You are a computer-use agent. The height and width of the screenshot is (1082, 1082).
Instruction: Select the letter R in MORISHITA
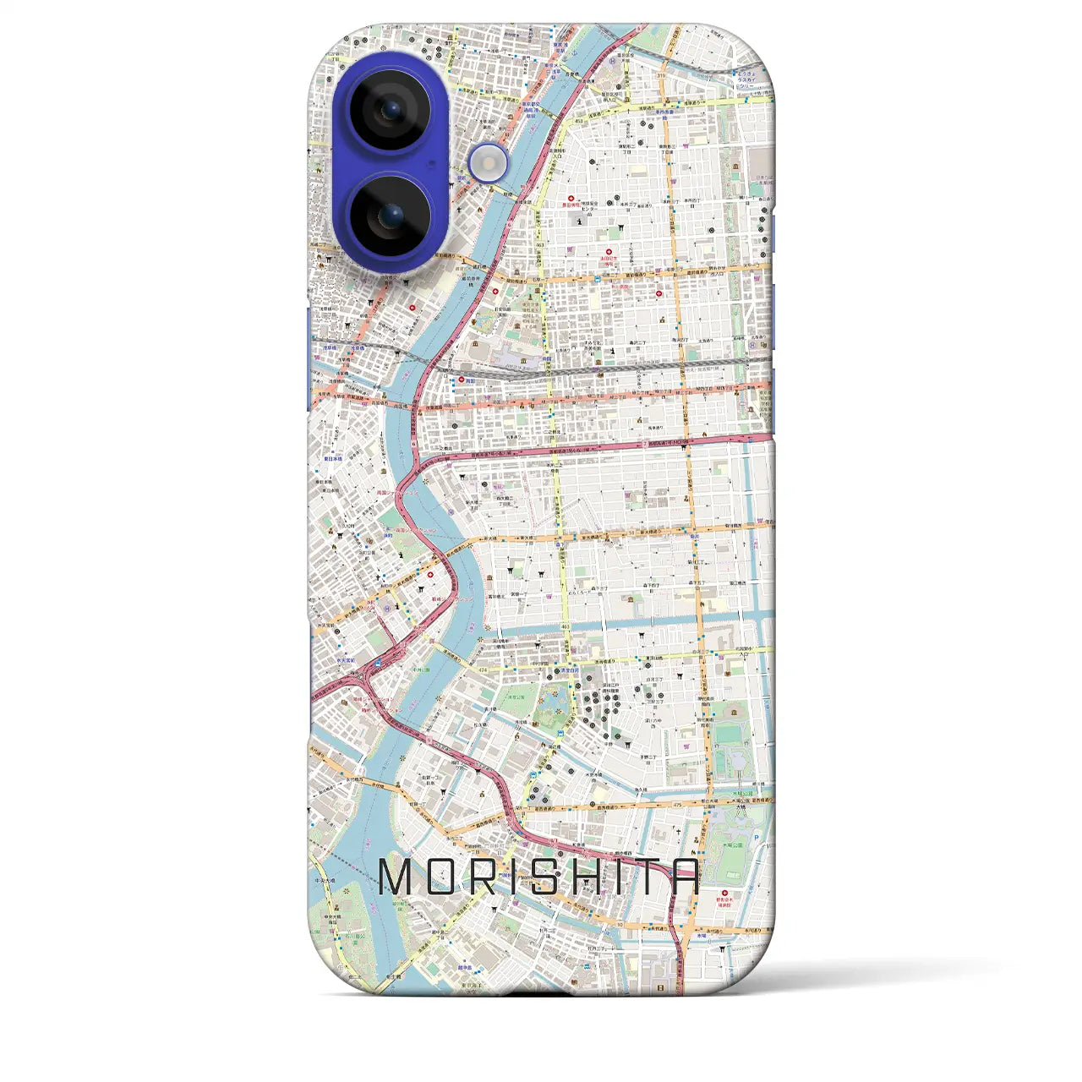(492, 877)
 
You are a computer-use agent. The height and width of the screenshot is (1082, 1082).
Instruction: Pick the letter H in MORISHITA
(594, 877)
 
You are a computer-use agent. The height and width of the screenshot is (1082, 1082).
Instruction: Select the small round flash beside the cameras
(489, 162)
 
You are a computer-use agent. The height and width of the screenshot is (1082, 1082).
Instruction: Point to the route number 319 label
(661, 76)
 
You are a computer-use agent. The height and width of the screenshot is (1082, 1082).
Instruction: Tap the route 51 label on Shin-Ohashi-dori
(631, 533)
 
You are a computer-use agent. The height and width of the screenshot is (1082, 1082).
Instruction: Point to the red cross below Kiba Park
(724, 893)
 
